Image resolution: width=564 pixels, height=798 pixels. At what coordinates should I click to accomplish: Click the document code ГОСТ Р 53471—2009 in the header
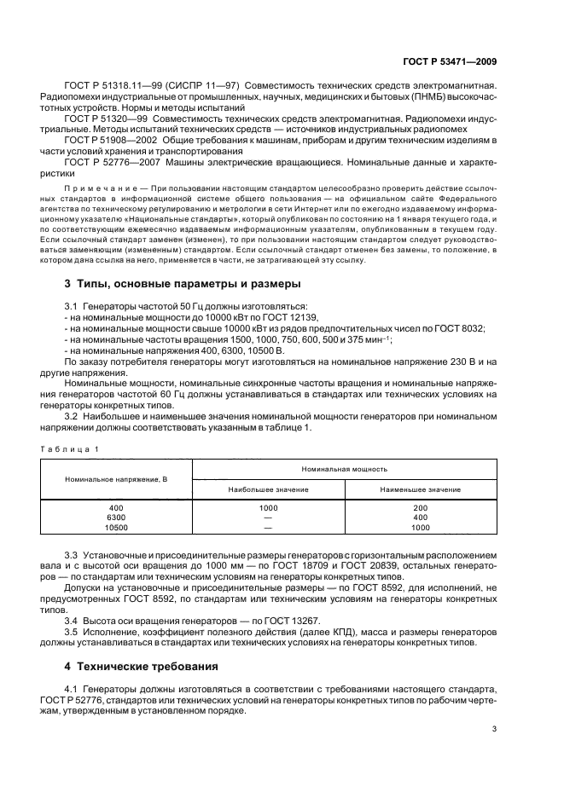(x=450, y=61)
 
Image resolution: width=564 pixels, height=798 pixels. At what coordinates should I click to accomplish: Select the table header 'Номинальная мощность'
(x=344, y=469)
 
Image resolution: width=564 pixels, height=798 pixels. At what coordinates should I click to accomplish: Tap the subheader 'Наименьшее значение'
(x=421, y=489)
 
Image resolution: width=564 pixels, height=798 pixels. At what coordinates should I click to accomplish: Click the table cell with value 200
(x=421, y=508)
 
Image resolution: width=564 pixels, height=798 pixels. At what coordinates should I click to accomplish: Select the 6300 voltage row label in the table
(x=116, y=518)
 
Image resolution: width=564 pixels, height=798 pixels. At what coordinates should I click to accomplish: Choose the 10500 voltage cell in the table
(x=116, y=527)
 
